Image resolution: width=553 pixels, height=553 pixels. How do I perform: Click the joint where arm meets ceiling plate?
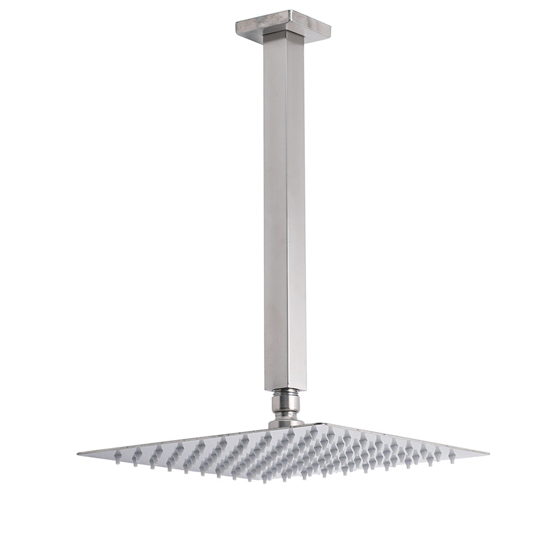pyautogui.click(x=284, y=34)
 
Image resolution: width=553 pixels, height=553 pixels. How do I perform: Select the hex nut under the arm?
pyautogui.click(x=285, y=403)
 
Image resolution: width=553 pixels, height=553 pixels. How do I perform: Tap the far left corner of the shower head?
pyautogui.click(x=79, y=453)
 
